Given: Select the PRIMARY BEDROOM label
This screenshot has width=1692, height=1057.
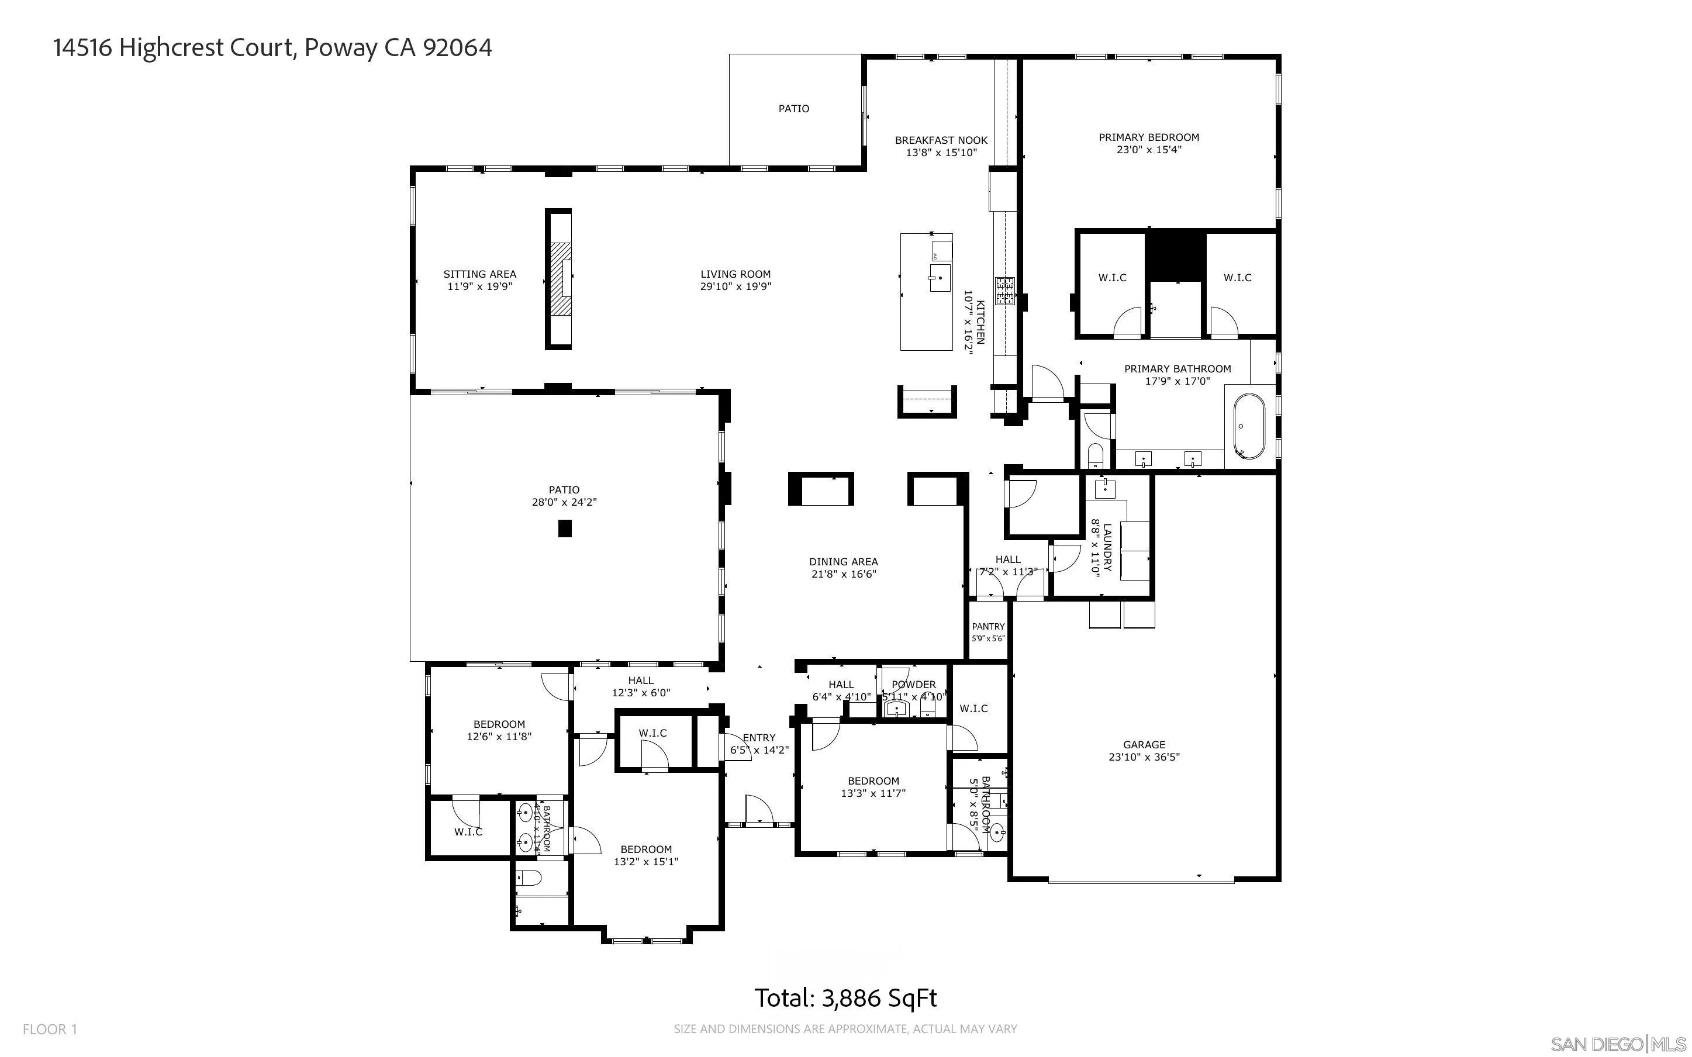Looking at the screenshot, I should (x=1148, y=138).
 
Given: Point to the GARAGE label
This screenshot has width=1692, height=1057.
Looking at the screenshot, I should (x=1144, y=745).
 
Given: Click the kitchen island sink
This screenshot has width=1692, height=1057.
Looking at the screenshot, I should (x=938, y=278).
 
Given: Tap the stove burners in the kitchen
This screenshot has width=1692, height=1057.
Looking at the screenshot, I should (x=1005, y=292).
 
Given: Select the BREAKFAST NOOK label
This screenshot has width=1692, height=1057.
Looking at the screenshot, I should (x=941, y=140).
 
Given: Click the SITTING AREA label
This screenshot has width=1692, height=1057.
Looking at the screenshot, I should (x=479, y=275).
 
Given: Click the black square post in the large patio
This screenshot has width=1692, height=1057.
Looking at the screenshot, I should (x=565, y=528).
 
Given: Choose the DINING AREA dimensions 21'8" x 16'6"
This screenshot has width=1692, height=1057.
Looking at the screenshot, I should (x=843, y=574).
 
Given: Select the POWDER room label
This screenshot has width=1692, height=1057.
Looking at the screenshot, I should (x=913, y=685).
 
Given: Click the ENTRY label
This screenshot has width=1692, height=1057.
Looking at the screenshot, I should (x=759, y=738).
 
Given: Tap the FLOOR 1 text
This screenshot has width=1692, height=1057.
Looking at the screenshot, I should (x=50, y=1029).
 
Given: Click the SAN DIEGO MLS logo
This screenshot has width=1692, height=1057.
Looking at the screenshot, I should (x=1617, y=1044).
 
